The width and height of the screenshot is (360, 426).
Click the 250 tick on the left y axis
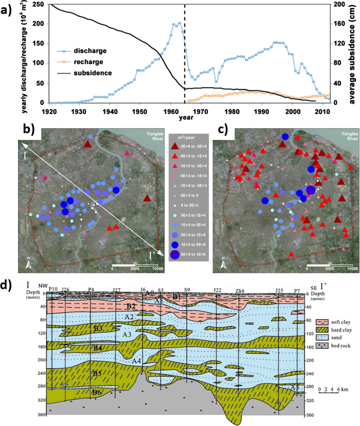pos(39,4)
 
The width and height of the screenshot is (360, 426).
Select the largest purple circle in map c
pos(310,191)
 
